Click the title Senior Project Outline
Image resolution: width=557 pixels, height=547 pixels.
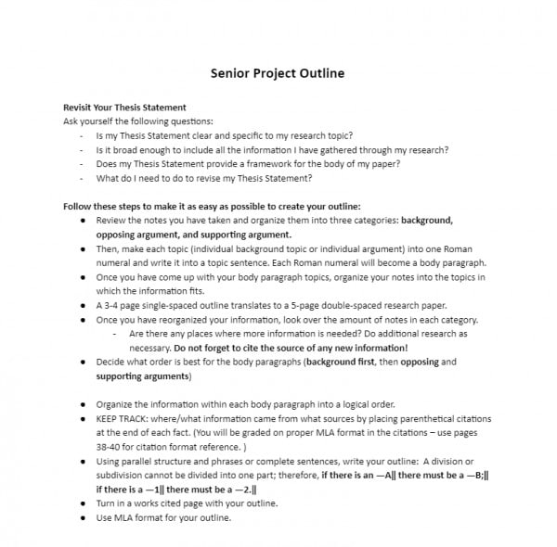point(278,72)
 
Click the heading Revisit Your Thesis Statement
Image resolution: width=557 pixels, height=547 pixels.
point(124,108)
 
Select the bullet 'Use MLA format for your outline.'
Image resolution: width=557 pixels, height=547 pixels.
point(163,517)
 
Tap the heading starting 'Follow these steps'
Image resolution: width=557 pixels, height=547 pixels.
point(212,206)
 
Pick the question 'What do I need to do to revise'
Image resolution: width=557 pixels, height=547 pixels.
point(204,178)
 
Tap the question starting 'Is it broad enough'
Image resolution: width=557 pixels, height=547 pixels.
point(272,149)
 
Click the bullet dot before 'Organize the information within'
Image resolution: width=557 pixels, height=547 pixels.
point(84,404)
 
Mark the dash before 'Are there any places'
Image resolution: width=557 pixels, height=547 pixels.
point(114,333)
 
